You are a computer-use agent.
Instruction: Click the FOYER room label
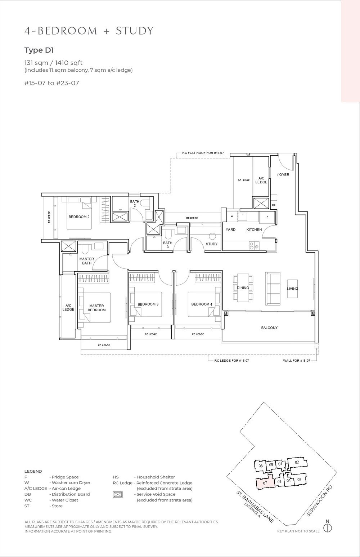point(283,175)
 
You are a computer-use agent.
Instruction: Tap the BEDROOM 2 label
point(79,217)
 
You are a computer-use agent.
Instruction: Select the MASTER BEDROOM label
point(97,308)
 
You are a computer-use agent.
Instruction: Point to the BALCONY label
point(269,328)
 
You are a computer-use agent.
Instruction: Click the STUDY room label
point(212,244)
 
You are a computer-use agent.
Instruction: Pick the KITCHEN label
point(254,230)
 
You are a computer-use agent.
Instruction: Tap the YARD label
point(230,230)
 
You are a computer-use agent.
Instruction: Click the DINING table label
point(243,288)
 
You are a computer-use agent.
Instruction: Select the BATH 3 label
point(168,245)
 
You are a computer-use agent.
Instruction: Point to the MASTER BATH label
point(87,261)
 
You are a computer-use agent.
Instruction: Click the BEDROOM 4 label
point(202,304)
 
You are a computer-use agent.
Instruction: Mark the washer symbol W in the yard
point(231,217)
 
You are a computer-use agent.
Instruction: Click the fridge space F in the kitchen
point(267,217)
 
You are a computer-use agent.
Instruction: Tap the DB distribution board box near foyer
point(274,205)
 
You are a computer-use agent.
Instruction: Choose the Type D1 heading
point(39,50)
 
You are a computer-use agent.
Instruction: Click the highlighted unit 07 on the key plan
point(265,482)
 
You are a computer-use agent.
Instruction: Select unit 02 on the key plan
point(297,462)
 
